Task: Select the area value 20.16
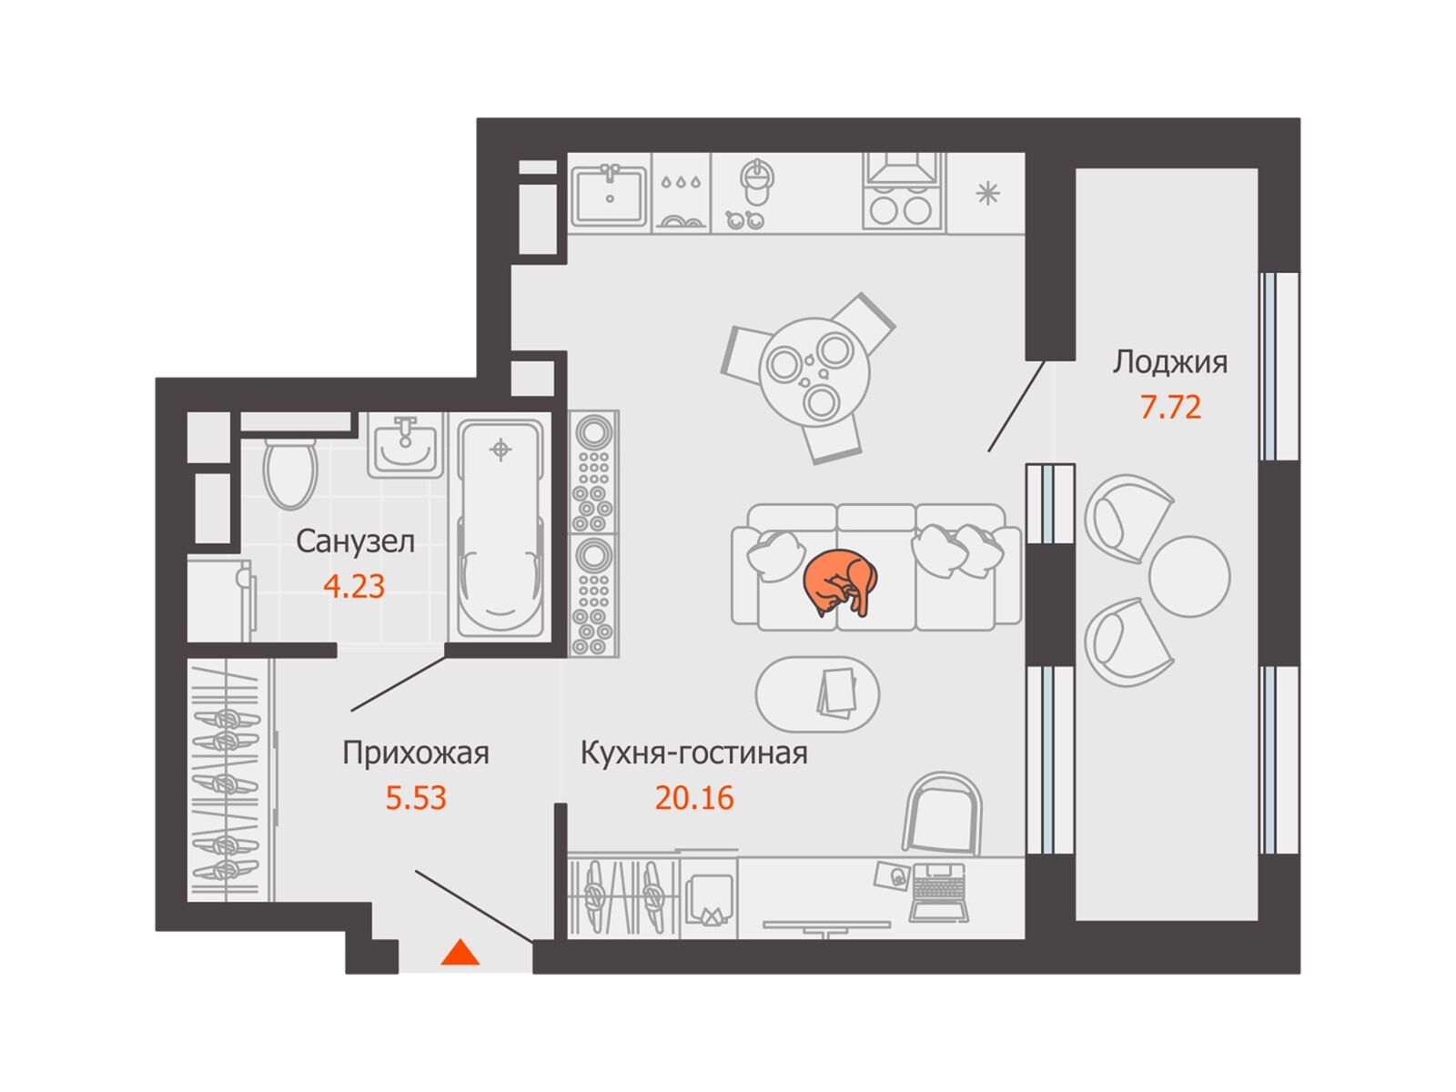693,798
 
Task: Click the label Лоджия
1170,362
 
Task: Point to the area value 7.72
1170,407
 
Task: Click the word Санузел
355,541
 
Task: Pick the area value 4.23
354,587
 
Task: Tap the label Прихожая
415,753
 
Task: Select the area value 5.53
416,798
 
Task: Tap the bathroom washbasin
405,445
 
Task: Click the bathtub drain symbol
500,450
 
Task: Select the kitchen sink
609,194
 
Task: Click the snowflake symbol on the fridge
987,194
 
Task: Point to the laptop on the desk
938,893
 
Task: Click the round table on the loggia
1188,576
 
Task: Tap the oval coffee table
817,694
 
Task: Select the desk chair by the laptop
942,813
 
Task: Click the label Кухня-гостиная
693,753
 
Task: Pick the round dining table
814,373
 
